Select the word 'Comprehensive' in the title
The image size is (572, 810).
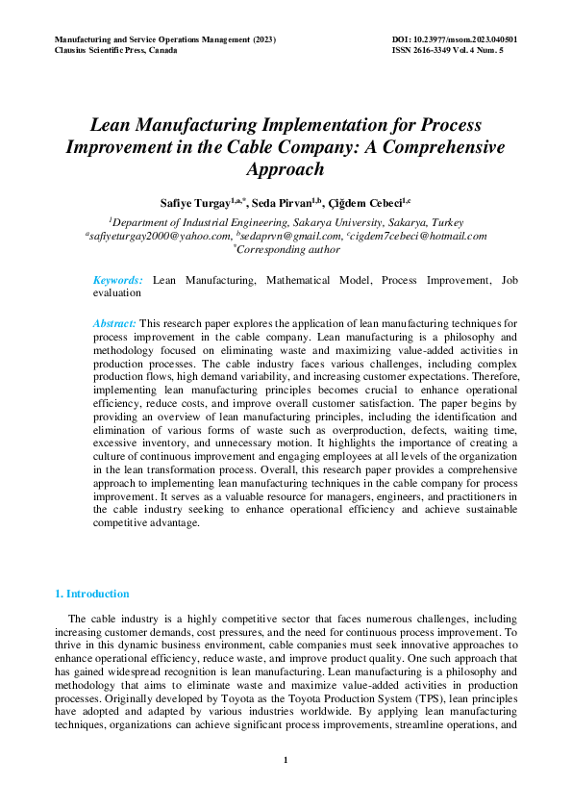coord(451,147)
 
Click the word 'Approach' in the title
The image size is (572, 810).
coord(285,168)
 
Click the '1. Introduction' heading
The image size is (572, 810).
coord(92,594)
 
